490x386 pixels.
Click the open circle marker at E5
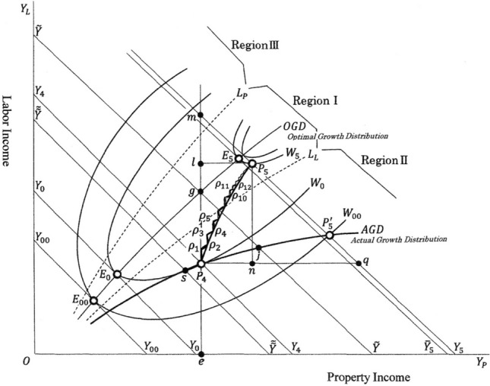pos(239,159)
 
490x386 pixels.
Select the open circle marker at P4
pos(201,264)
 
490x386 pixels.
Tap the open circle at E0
pos(118,274)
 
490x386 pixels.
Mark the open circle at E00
pos(93,301)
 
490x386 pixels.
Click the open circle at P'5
pos(330,235)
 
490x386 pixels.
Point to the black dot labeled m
pos(201,115)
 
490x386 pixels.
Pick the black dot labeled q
pos(358,264)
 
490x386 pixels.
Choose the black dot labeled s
pos(185,271)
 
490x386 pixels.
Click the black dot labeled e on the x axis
pos(201,354)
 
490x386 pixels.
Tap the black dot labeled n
pos(252,264)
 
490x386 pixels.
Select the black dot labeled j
pos(259,248)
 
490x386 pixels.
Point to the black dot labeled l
pos(201,163)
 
